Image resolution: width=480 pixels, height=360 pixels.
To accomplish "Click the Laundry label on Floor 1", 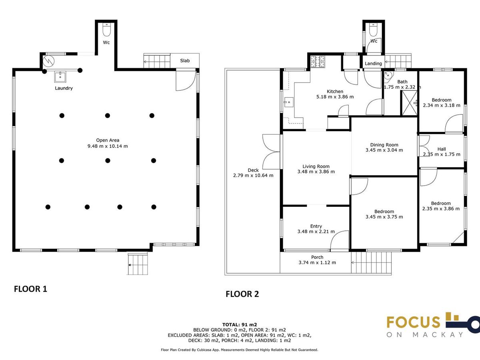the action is click(64, 88).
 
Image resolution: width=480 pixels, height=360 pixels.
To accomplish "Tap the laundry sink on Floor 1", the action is click(60, 77).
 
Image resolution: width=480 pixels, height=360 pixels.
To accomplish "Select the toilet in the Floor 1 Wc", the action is click(107, 30).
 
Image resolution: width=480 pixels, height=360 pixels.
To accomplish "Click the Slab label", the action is click(185, 60).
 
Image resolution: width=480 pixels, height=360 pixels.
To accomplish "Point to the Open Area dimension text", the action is click(108, 146).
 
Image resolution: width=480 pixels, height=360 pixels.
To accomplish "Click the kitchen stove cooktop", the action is click(318, 61).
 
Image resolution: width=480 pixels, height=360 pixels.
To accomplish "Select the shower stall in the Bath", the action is click(409, 103).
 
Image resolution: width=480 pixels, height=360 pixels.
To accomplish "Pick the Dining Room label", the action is click(384, 145).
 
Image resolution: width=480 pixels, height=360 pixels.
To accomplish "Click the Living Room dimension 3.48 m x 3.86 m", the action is click(316, 172).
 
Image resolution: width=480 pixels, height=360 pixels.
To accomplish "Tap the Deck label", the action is click(253, 170).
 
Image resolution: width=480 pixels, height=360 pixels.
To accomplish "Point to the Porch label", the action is click(317, 257).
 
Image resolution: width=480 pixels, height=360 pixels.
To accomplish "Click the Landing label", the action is click(373, 63).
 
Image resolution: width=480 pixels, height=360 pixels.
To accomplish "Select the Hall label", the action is click(442, 149).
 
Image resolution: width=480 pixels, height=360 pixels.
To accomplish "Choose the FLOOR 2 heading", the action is click(242, 294).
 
